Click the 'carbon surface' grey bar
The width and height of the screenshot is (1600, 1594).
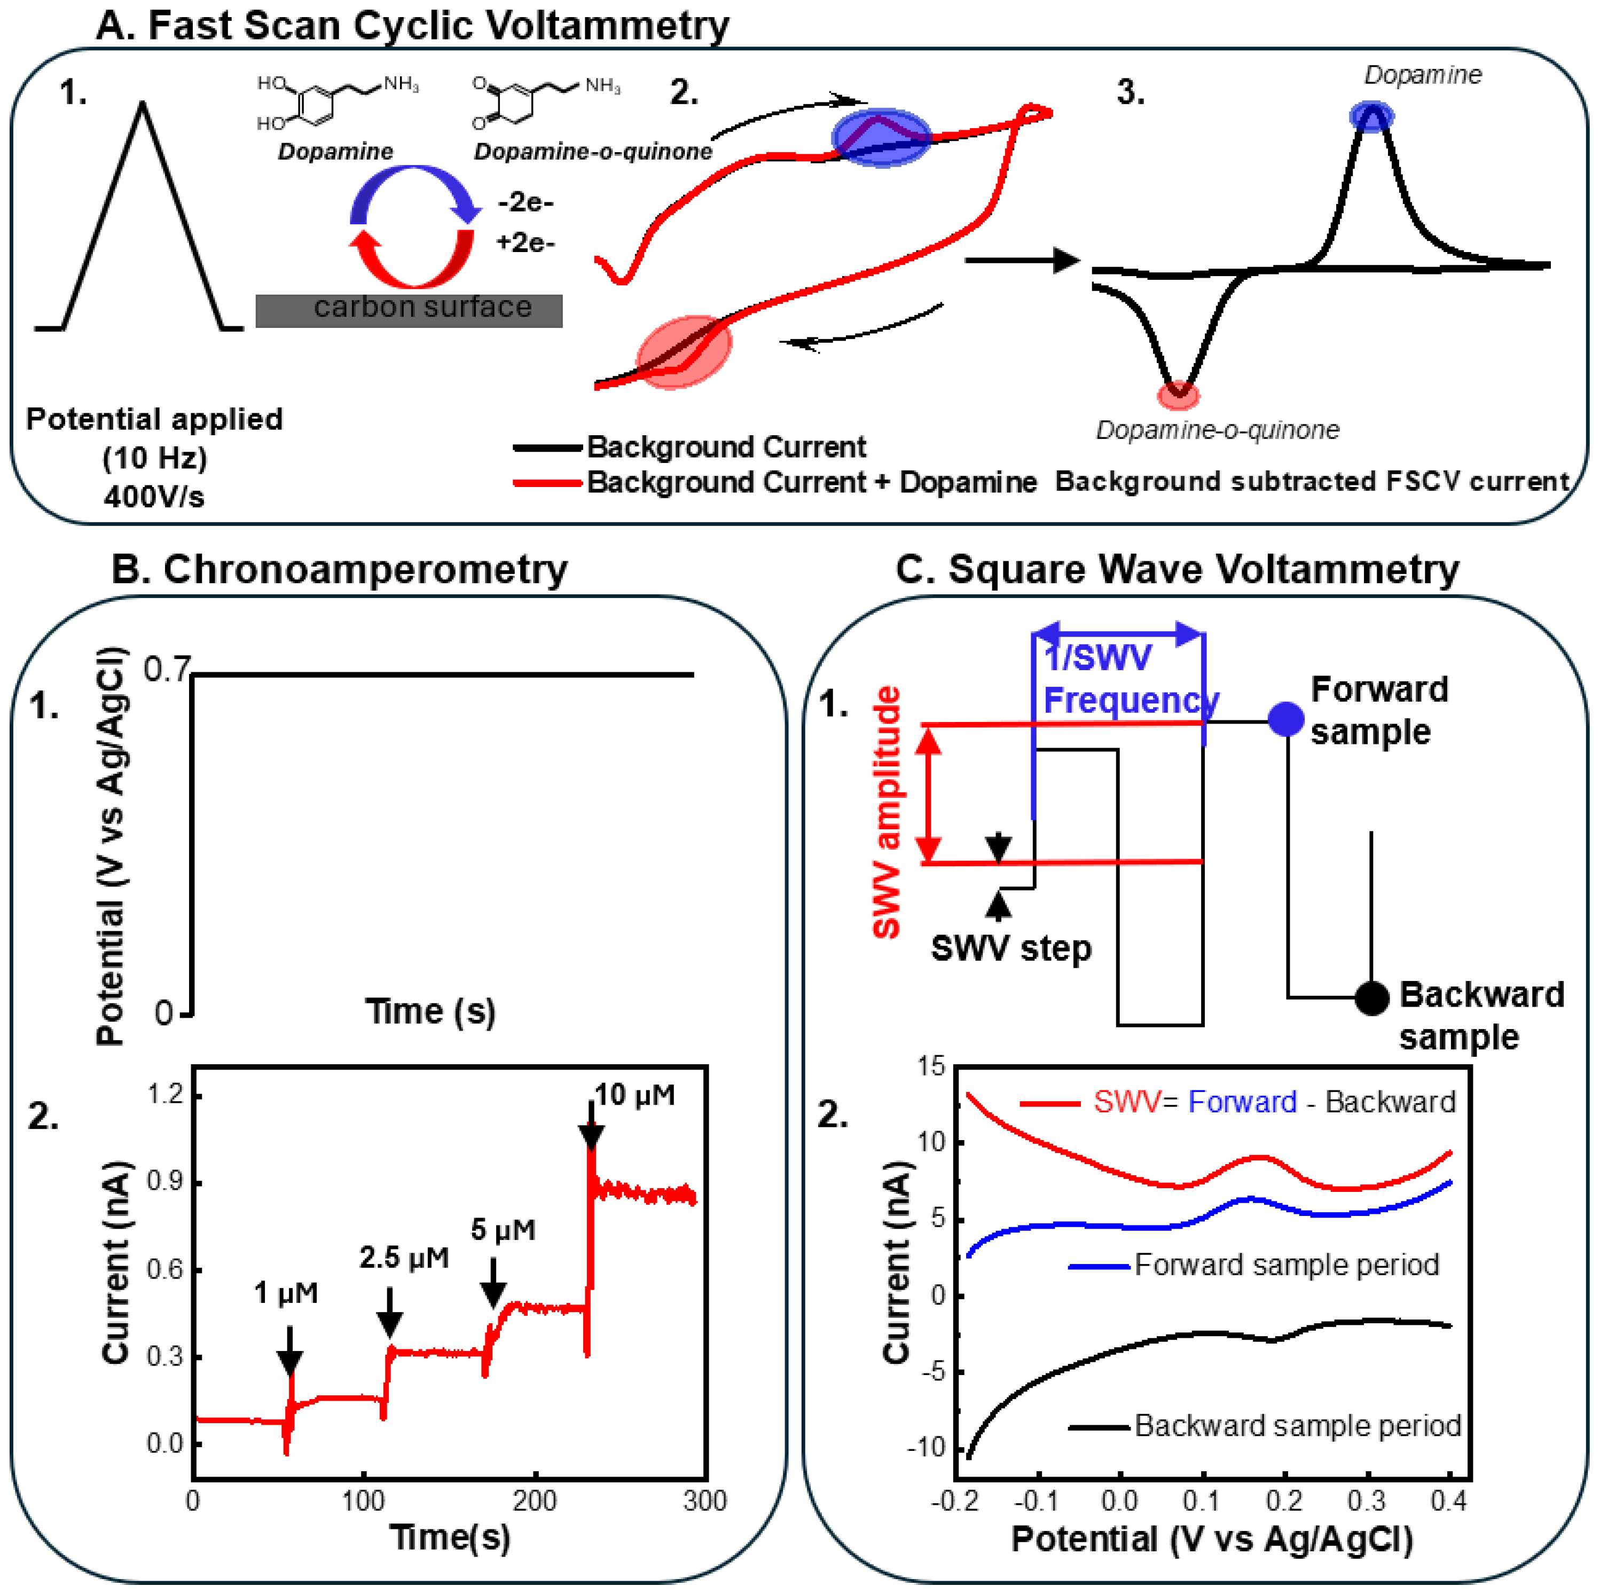click(x=409, y=310)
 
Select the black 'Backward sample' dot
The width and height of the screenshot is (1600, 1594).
click(x=1371, y=998)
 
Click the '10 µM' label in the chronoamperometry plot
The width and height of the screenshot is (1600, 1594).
click(x=634, y=1096)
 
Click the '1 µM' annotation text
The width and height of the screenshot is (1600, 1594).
click(x=286, y=1293)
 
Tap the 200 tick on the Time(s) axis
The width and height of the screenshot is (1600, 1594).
click(x=534, y=1501)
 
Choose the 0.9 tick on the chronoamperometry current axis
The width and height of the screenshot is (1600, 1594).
click(x=165, y=1182)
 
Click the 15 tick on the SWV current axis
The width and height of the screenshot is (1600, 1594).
click(x=931, y=1066)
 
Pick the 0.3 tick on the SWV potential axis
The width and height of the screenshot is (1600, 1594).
click(x=1367, y=1501)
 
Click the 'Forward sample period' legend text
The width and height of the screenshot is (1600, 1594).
click(x=1286, y=1265)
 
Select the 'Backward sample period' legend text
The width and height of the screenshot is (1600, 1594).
click(x=1297, y=1425)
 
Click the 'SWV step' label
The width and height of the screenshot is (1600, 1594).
click(x=1011, y=948)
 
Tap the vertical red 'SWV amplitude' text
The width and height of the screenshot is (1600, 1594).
click(x=887, y=812)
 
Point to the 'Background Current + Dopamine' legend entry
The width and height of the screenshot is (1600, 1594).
click(x=812, y=482)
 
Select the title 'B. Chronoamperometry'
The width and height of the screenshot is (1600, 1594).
click(x=340, y=570)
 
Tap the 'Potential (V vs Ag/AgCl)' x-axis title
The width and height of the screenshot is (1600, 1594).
click(x=1212, y=1540)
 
